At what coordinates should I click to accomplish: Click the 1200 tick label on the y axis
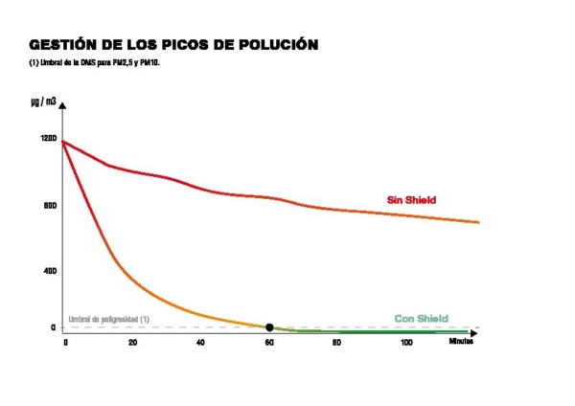tap(49, 138)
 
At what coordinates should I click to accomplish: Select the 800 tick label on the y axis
tap(50, 205)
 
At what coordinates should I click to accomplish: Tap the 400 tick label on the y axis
tap(50, 271)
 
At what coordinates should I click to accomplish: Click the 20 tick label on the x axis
tap(132, 342)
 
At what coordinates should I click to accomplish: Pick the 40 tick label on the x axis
tap(200, 342)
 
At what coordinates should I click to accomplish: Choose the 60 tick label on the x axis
tap(268, 342)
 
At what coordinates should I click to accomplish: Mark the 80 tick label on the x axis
tap(336, 342)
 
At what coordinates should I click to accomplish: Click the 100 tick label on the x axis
tap(406, 342)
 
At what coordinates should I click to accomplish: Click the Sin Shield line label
tap(411, 200)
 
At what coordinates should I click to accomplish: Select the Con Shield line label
tap(421, 319)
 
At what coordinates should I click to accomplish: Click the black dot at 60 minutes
tap(269, 327)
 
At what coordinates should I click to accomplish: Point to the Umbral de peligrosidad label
tap(108, 319)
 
